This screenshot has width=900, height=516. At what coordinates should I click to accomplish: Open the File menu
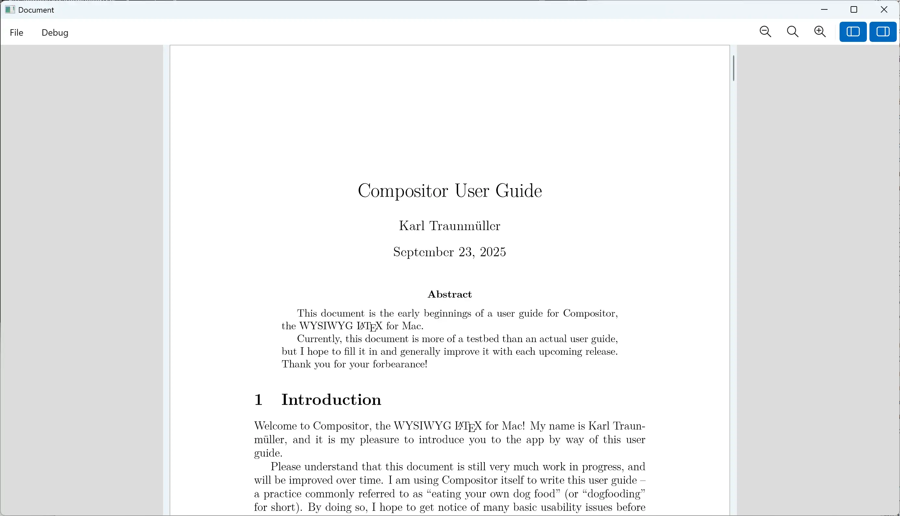17,32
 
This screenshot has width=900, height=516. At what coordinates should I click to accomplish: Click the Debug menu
55,32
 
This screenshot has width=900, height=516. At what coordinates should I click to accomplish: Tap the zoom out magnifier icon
765,32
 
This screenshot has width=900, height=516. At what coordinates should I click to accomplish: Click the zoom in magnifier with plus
820,32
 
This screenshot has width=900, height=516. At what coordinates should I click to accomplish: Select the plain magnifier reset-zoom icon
792,32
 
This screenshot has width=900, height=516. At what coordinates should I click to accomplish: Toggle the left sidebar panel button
853,32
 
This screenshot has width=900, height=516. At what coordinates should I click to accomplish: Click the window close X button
884,9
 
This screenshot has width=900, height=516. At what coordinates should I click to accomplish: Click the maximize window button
854,9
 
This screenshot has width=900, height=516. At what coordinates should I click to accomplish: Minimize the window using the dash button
824,9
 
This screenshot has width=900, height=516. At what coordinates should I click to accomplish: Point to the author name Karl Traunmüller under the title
449,226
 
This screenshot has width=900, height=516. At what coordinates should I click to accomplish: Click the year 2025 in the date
493,252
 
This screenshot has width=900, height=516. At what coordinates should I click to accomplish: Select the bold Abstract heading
449,294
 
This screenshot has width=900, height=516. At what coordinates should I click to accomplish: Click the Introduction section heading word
331,400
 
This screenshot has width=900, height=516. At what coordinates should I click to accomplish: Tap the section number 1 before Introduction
258,400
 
